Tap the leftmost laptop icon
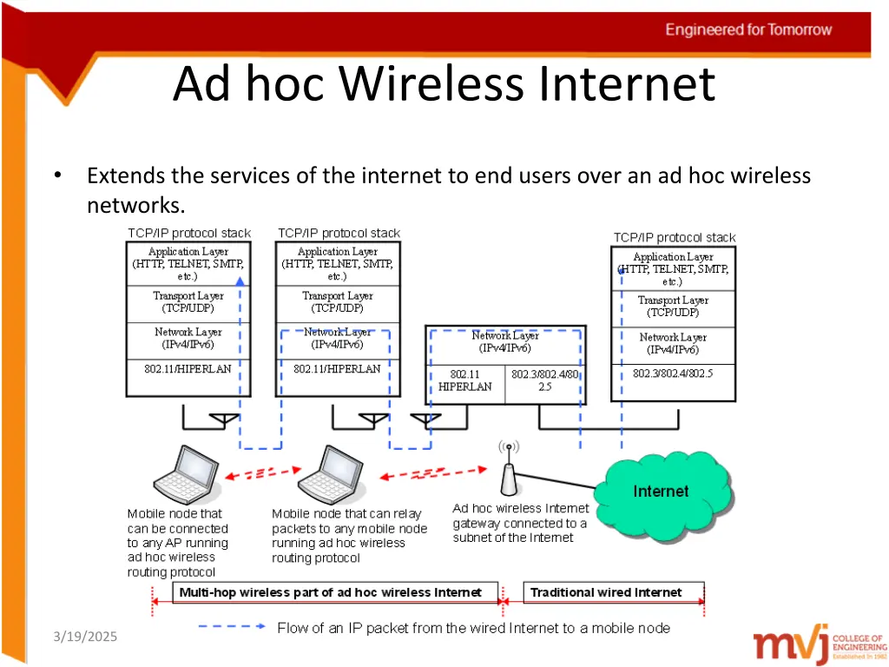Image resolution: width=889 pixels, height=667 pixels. coord(187,476)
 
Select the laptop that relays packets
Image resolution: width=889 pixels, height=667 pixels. coord(334,476)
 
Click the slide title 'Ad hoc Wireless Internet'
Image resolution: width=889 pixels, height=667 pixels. coord(444,84)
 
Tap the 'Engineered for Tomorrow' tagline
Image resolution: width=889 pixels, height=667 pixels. coord(748,30)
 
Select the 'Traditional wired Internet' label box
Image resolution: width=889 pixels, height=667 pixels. coord(606,592)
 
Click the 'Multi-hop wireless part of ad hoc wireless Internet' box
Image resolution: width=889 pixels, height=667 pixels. coord(330,592)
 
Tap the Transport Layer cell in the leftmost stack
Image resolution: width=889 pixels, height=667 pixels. coord(188,303)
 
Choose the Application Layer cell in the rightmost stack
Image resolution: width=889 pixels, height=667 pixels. coord(673,269)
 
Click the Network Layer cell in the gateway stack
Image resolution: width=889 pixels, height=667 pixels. coord(505,341)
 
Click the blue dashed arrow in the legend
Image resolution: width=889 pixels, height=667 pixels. coord(231,625)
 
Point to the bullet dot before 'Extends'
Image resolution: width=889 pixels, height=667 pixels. coord(56,176)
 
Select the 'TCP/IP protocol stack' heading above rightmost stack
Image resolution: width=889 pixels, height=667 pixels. coord(674,237)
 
